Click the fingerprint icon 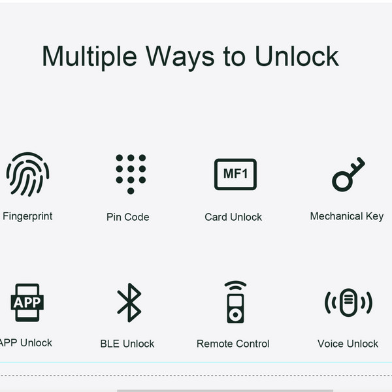click(27, 174)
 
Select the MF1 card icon click(235, 174)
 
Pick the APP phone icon click(27, 302)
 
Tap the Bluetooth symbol click(129, 302)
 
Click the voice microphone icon click(348, 302)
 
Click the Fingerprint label click(27, 216)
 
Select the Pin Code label click(128, 217)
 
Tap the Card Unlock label click(233, 217)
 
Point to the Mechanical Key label click(347, 216)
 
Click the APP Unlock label click(25, 343)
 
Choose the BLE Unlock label click(127, 344)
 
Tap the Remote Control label click(233, 344)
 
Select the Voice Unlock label click(348, 344)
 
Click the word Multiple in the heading click(90, 57)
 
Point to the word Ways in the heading click(180, 57)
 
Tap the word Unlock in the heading click(297, 56)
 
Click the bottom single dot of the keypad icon click(131, 191)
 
